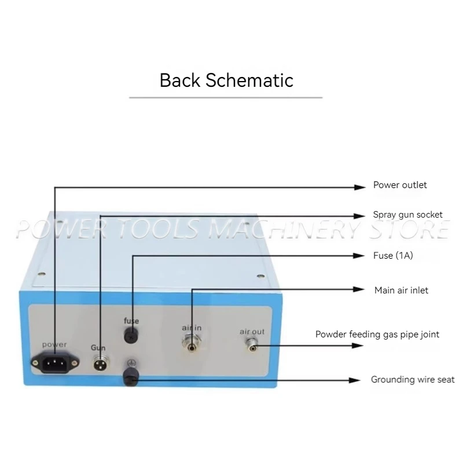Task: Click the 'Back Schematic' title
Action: coord(226,80)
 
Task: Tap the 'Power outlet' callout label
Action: coord(400,185)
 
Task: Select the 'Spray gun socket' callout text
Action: coord(407,215)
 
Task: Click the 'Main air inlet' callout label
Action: coord(401,290)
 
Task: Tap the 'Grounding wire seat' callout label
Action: coord(413,380)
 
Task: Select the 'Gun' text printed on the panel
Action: coord(98,348)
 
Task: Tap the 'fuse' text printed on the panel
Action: coord(131,320)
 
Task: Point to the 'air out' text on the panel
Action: coord(252,332)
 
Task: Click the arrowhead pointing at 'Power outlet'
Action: coord(358,186)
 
